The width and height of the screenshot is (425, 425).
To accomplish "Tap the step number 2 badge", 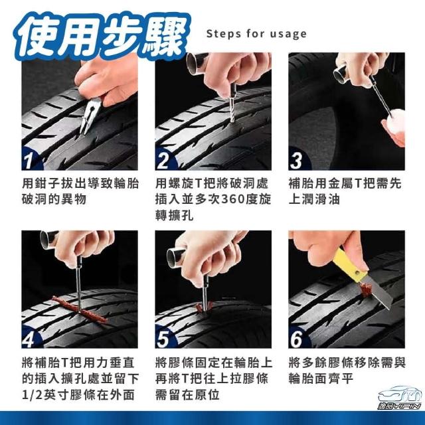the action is pyautogui.click(x=163, y=161).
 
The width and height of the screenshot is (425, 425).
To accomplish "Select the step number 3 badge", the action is pyautogui.click(x=296, y=161).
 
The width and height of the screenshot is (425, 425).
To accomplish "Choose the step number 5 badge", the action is pyautogui.click(x=163, y=339).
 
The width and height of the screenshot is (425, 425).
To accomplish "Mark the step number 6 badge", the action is pyautogui.click(x=296, y=339).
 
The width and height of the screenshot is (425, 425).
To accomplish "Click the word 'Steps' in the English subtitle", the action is pyautogui.click(x=224, y=34).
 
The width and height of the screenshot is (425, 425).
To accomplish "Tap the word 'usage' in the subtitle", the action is pyautogui.click(x=288, y=35).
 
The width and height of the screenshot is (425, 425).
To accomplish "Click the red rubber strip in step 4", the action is pyautogui.click(x=79, y=309).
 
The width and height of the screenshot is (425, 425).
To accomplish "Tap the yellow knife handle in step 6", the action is pyautogui.click(x=350, y=264).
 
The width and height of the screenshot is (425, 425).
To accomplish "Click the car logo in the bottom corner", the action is pyautogui.click(x=400, y=396).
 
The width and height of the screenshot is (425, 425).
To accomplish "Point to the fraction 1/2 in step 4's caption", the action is pyautogui.click(x=32, y=395).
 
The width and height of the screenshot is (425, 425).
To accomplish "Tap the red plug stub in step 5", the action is pyautogui.click(x=201, y=307).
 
